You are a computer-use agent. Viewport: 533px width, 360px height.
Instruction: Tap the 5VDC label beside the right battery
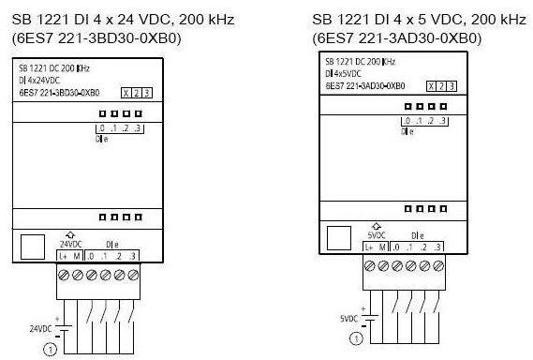pyautogui.click(x=348, y=318)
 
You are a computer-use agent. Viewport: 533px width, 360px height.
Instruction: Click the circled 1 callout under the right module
pyautogui.click(x=358, y=339)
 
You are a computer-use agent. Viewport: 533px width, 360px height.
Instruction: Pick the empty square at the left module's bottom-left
pyautogui.click(x=33, y=247)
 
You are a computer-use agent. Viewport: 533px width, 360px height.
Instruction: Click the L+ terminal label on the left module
pyautogui.click(x=63, y=256)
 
